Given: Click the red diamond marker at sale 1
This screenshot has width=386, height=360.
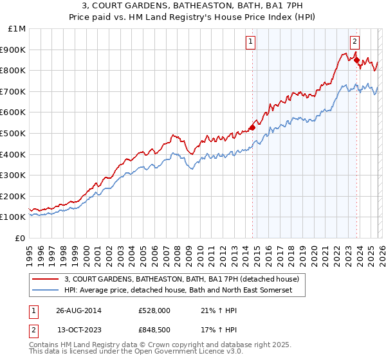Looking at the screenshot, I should [252, 127].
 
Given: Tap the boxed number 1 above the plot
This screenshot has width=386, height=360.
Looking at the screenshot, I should [250, 43].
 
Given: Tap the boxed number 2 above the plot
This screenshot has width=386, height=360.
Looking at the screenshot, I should [354, 40].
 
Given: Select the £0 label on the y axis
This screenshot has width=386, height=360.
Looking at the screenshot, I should [21, 238].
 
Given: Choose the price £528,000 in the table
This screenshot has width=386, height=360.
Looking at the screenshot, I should [154, 310].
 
